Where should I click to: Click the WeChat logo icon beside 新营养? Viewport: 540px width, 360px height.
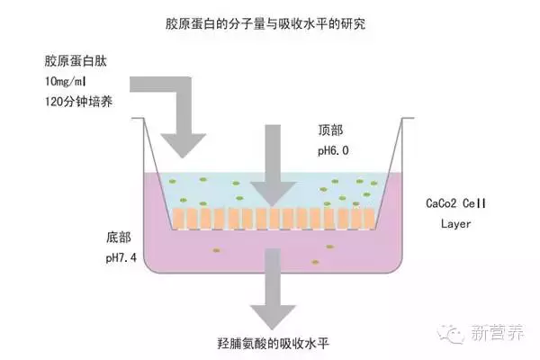tap(455, 333)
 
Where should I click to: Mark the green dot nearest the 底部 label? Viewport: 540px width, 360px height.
tap(215, 250)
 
